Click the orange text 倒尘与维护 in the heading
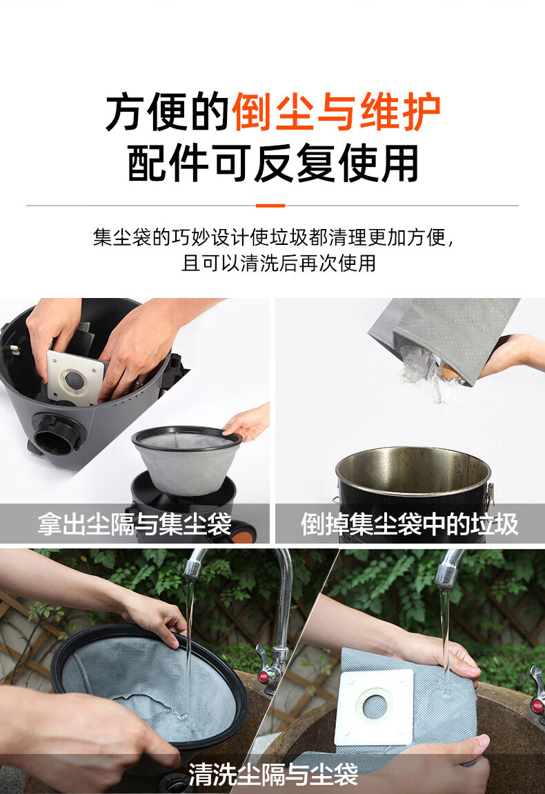tap(336, 112)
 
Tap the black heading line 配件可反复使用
tap(272, 163)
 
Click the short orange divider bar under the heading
tap(270, 206)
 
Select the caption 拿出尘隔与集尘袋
tap(135, 524)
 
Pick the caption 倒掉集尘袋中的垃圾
tap(409, 524)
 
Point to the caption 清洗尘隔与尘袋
tap(273, 774)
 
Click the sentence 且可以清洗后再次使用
tap(279, 263)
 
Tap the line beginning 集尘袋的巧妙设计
tap(273, 237)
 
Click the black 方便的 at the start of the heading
tap(168, 112)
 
